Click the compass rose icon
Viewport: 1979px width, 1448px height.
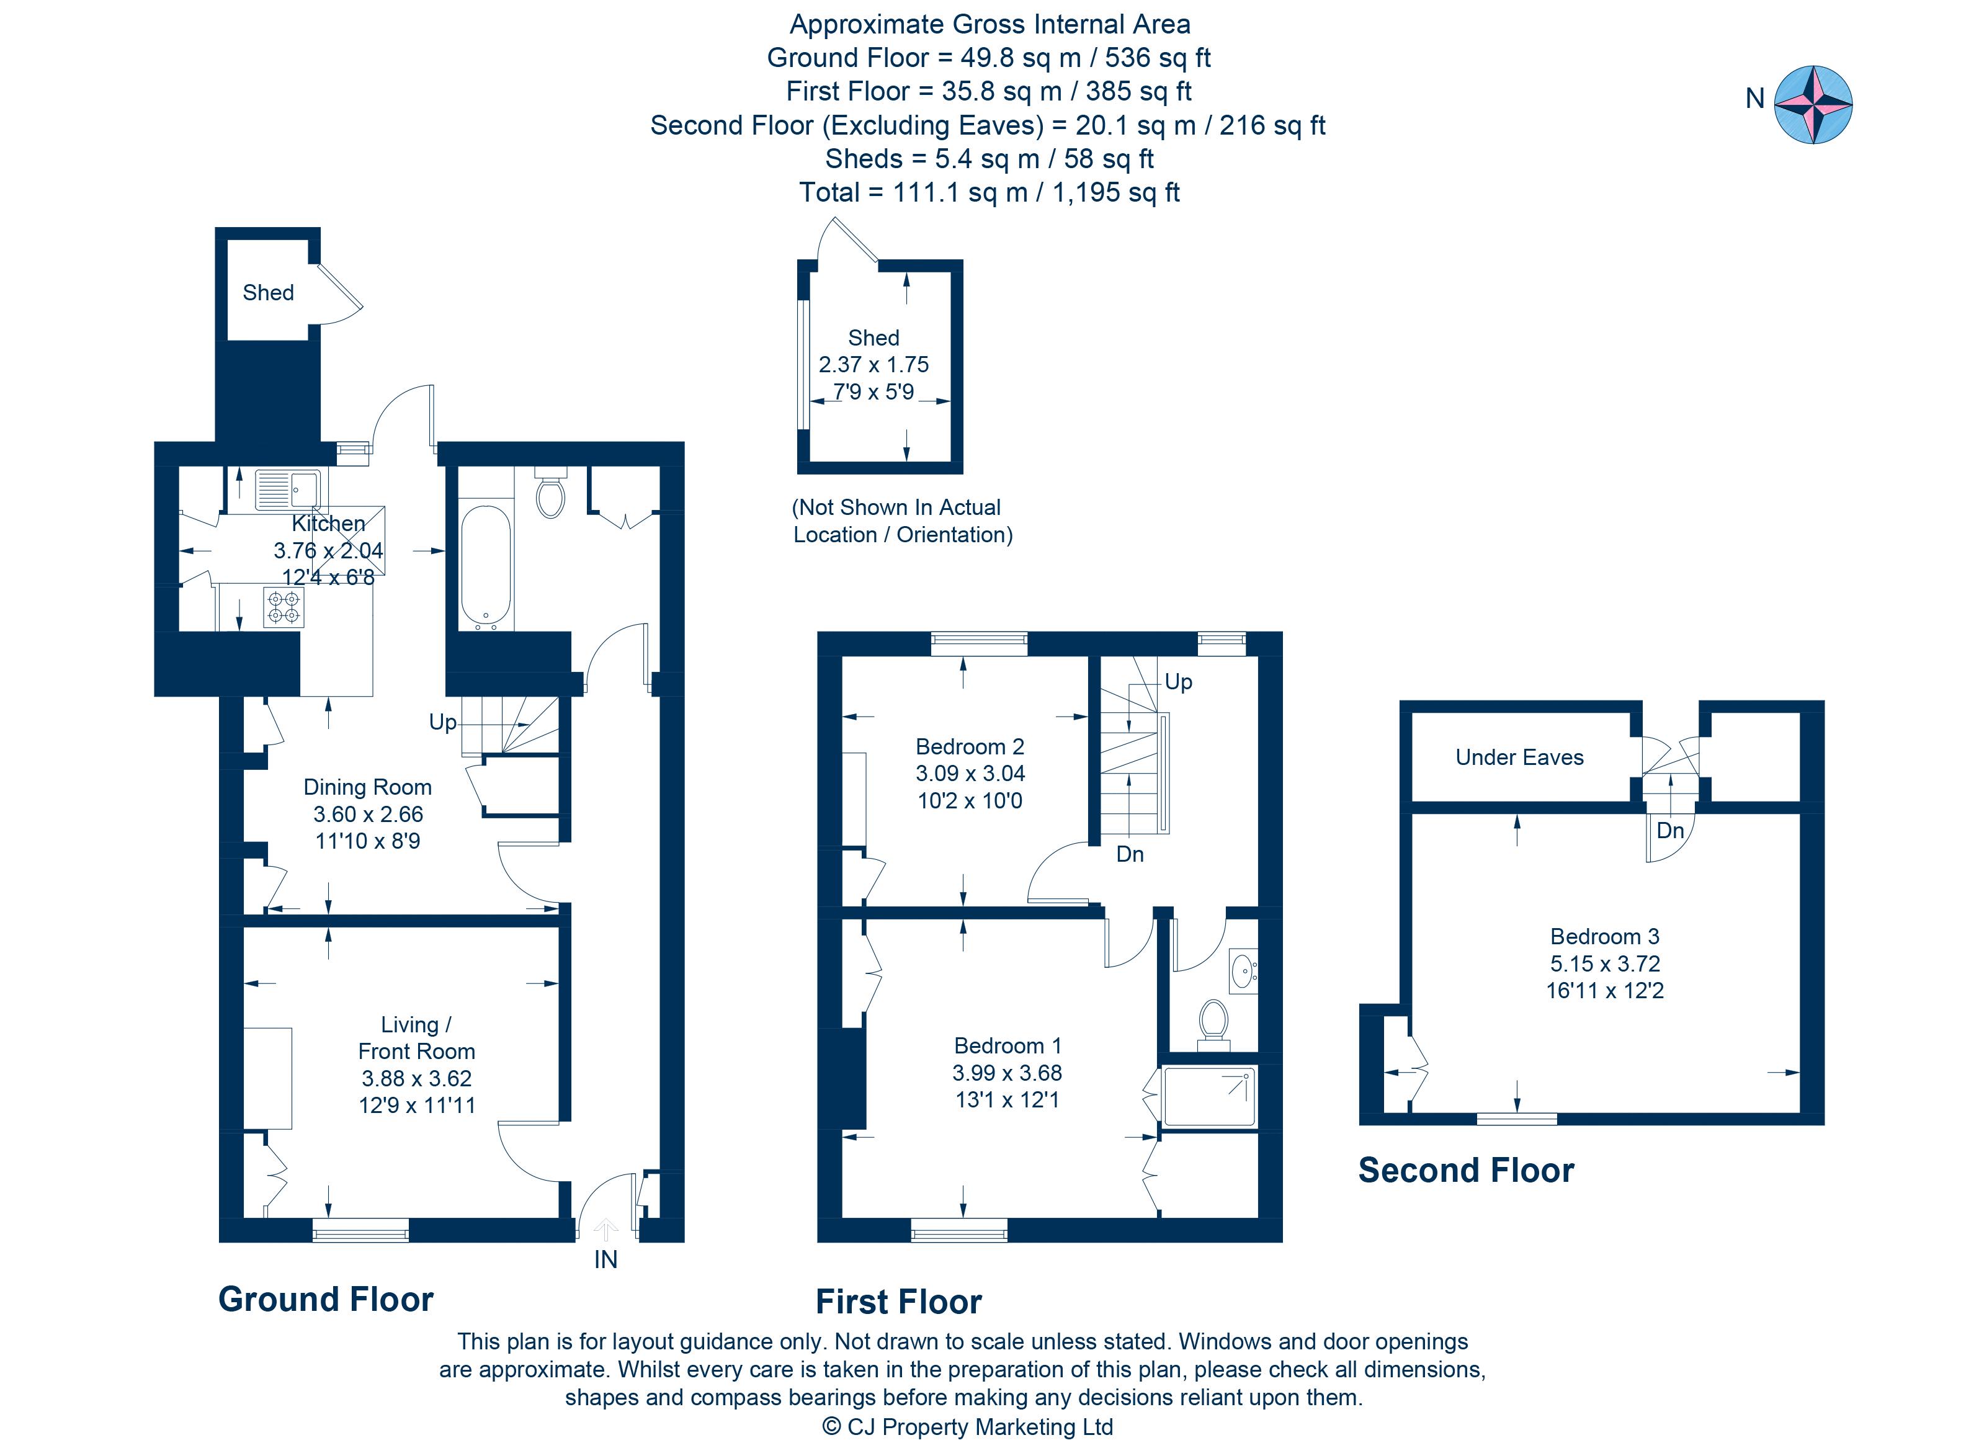tap(1813, 104)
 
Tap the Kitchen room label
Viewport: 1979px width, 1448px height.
tap(328, 523)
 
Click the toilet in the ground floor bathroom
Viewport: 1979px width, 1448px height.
tap(550, 495)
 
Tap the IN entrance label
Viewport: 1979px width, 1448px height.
tap(605, 1259)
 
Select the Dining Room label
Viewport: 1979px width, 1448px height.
tap(367, 787)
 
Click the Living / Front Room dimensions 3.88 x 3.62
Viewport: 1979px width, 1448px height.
tap(416, 1078)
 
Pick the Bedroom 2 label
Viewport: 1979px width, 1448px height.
tap(970, 747)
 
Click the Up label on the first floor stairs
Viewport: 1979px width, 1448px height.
tap(1178, 682)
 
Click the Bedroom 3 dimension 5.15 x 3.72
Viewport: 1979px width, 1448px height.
tap(1605, 963)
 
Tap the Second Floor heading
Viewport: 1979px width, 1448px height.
tap(1465, 1170)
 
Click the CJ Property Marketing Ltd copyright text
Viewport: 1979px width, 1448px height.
tap(968, 1427)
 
